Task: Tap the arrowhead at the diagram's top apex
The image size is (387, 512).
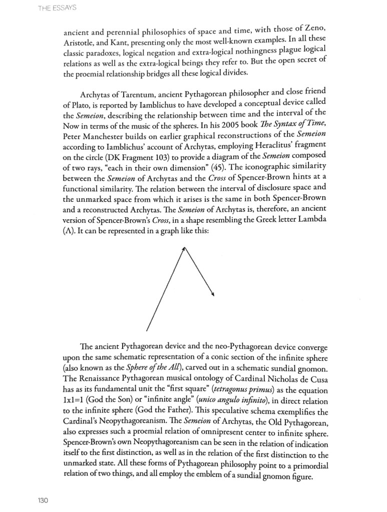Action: (x=184, y=247)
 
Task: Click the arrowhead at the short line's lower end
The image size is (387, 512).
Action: (x=213, y=295)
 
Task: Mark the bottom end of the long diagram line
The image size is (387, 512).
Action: (x=147, y=331)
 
